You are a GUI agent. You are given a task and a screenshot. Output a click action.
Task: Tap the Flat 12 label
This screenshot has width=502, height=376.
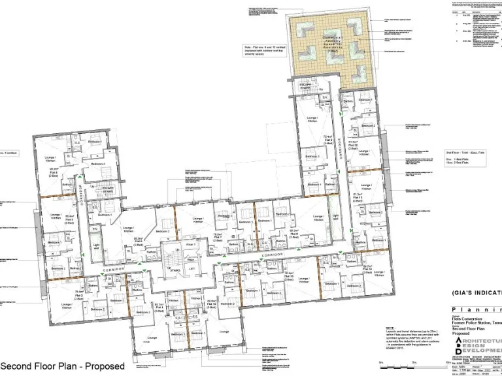tap(353, 144)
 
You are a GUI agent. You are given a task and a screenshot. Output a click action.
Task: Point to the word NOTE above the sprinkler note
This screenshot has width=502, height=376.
tap(390, 328)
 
